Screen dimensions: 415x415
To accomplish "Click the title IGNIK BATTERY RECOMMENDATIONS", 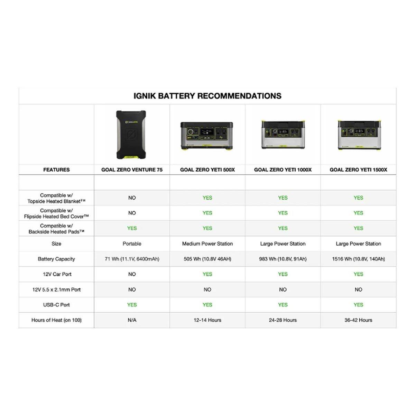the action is pyautogui.click(x=207, y=96).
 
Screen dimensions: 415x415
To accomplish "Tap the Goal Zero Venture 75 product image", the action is pyautogui.click(x=131, y=135).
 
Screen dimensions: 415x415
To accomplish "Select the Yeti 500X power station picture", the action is pyautogui.click(x=207, y=136).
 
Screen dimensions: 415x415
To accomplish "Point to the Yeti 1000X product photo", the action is pyautogui.click(x=283, y=135).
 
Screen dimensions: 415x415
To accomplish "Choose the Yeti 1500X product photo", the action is pyautogui.click(x=358, y=135).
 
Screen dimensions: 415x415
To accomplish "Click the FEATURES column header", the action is pyautogui.click(x=56, y=170).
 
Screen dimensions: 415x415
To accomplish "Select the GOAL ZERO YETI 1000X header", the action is pyautogui.click(x=283, y=170).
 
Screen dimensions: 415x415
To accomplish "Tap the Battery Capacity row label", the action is pyautogui.click(x=56, y=259).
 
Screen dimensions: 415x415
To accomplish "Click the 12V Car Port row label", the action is pyautogui.click(x=57, y=274).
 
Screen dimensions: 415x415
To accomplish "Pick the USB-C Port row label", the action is pyautogui.click(x=56, y=305).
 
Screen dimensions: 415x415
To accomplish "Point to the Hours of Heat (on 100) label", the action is pyautogui.click(x=56, y=320).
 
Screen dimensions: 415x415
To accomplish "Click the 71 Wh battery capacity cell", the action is pyautogui.click(x=132, y=259).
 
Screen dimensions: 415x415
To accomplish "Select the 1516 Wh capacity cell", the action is pyautogui.click(x=358, y=259).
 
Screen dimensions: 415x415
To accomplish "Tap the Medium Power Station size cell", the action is pyautogui.click(x=207, y=243).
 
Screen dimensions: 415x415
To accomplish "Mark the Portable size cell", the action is pyautogui.click(x=132, y=243).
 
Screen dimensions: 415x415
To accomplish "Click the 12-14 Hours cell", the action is pyautogui.click(x=207, y=320).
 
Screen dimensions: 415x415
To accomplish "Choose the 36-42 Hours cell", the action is pyautogui.click(x=358, y=320).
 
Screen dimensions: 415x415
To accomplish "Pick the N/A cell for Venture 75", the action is pyautogui.click(x=132, y=320).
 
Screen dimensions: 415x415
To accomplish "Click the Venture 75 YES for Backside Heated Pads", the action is pyautogui.click(x=132, y=228).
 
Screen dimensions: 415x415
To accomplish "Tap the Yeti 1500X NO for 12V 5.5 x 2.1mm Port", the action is pyautogui.click(x=358, y=289).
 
